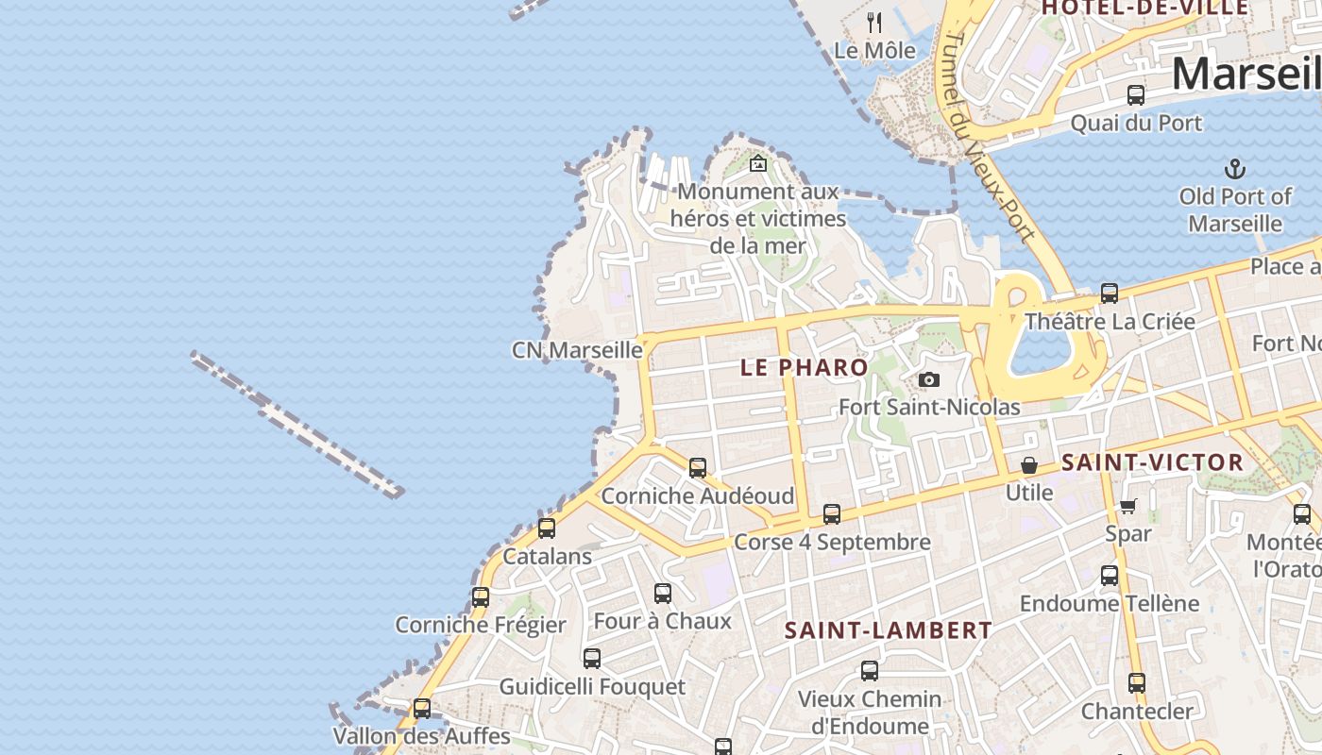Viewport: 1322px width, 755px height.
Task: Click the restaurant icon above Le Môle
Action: (874, 22)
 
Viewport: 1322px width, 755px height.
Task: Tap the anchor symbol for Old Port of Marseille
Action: (1234, 170)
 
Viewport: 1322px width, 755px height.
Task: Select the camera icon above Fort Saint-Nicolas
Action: (929, 379)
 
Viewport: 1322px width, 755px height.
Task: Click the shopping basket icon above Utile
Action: (1028, 465)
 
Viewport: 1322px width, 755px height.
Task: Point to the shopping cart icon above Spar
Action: (1128, 506)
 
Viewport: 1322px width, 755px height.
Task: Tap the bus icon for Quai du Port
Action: (1136, 95)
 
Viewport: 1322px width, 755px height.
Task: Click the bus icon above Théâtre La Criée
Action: (1110, 294)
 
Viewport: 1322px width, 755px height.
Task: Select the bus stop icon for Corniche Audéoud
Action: (698, 467)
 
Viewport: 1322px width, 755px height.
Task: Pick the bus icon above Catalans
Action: (547, 528)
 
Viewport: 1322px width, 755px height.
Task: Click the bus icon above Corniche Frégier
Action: (481, 597)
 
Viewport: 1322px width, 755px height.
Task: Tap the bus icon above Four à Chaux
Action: (663, 594)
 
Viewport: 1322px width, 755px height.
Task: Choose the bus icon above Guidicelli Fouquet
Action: (592, 659)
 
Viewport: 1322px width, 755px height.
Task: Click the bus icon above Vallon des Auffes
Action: (422, 708)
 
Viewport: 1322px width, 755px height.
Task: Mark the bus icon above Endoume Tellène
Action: (1110, 576)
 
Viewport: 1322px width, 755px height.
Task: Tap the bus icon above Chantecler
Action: (1137, 683)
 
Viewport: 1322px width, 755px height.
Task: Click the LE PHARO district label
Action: (804, 367)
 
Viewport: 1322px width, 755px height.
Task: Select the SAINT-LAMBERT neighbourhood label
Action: (889, 630)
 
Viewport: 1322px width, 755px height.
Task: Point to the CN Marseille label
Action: (577, 350)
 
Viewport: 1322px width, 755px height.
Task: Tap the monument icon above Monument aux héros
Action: (757, 163)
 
